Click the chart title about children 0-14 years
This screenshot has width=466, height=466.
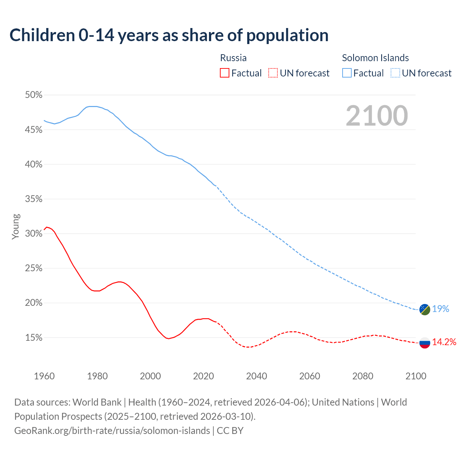[169, 35]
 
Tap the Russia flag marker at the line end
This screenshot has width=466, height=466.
[425, 343]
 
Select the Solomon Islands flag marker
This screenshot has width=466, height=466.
[425, 309]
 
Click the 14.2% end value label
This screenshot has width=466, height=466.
[444, 342]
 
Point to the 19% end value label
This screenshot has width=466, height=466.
[441, 309]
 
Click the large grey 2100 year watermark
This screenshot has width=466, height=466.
[377, 116]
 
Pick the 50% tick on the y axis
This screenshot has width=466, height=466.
[33, 95]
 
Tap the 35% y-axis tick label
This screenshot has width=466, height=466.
[33, 199]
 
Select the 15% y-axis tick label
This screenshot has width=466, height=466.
[33, 338]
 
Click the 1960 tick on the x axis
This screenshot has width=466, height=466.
[44, 376]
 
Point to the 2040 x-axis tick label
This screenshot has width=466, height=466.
[257, 376]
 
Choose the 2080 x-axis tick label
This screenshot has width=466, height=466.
[363, 376]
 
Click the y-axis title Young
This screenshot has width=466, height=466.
[16, 226]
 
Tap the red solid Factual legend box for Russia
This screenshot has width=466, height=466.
[225, 73]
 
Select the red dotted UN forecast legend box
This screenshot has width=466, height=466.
[273, 73]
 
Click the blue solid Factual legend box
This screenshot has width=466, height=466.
[347, 73]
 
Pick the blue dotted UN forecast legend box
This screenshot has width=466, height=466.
[395, 73]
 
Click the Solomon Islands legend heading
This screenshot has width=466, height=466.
[375, 58]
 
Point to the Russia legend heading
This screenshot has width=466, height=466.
[233, 58]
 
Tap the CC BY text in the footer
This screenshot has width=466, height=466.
[230, 431]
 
